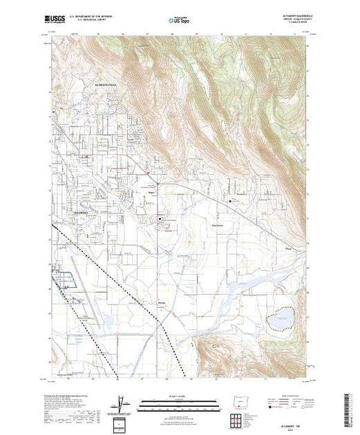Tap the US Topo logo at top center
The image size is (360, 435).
click(180, 21)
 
